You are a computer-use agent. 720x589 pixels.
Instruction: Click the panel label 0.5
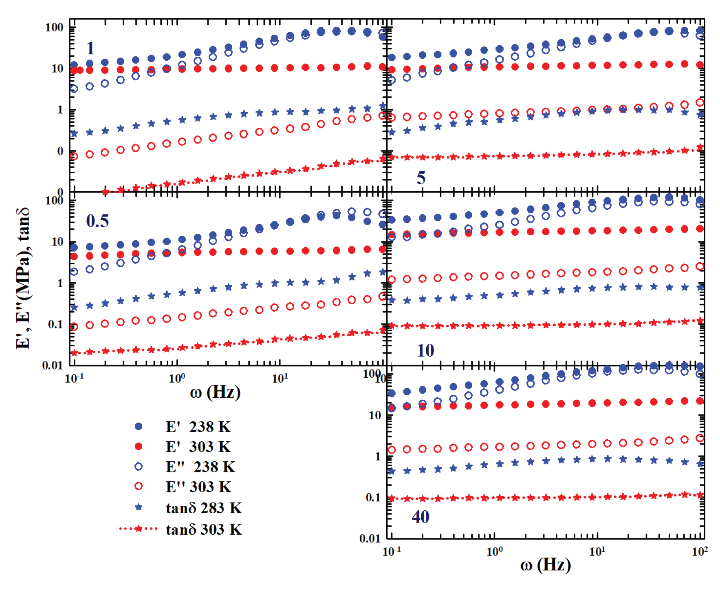[x=97, y=221]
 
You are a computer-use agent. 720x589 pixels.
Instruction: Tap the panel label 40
[x=420, y=517]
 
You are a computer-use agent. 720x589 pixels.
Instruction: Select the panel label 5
[x=421, y=178]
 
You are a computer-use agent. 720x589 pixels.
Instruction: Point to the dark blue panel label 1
[x=90, y=49]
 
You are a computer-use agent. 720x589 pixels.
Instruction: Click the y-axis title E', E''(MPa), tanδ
[x=23, y=279]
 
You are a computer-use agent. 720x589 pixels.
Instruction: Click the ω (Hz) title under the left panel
[x=215, y=392]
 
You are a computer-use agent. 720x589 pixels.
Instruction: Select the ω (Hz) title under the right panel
[x=546, y=565]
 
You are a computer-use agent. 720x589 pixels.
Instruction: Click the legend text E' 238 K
[x=198, y=427]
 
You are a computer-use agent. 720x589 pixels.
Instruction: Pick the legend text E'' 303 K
[x=198, y=487]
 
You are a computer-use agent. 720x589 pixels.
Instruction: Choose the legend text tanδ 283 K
[x=204, y=508]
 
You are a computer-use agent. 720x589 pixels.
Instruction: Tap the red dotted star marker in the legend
[x=139, y=529]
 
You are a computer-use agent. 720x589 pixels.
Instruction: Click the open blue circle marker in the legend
[x=139, y=467]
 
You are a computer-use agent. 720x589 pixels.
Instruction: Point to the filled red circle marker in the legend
[x=139, y=447]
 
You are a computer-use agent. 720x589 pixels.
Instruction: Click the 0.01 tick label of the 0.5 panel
[x=53, y=365]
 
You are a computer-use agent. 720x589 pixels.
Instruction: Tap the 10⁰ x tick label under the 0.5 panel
[x=177, y=378]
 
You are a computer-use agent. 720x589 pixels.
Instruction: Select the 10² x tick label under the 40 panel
[x=700, y=551]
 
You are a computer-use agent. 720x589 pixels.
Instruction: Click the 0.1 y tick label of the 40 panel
[x=373, y=498]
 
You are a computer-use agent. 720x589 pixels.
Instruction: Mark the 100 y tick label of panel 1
[x=54, y=28]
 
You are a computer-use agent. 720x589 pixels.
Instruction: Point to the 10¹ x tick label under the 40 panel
[x=597, y=551]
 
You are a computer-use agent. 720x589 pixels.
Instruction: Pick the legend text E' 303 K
[x=198, y=447]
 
